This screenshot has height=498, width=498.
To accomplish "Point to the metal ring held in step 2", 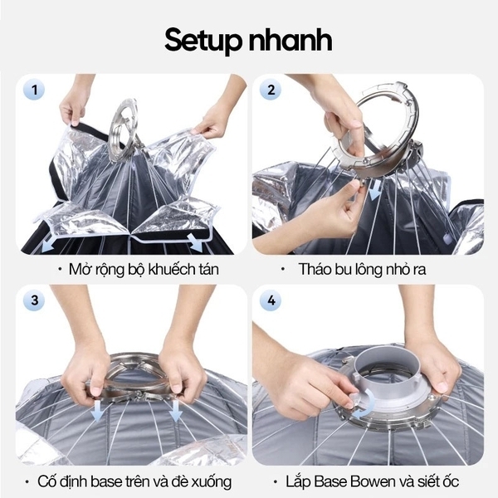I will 373,124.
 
